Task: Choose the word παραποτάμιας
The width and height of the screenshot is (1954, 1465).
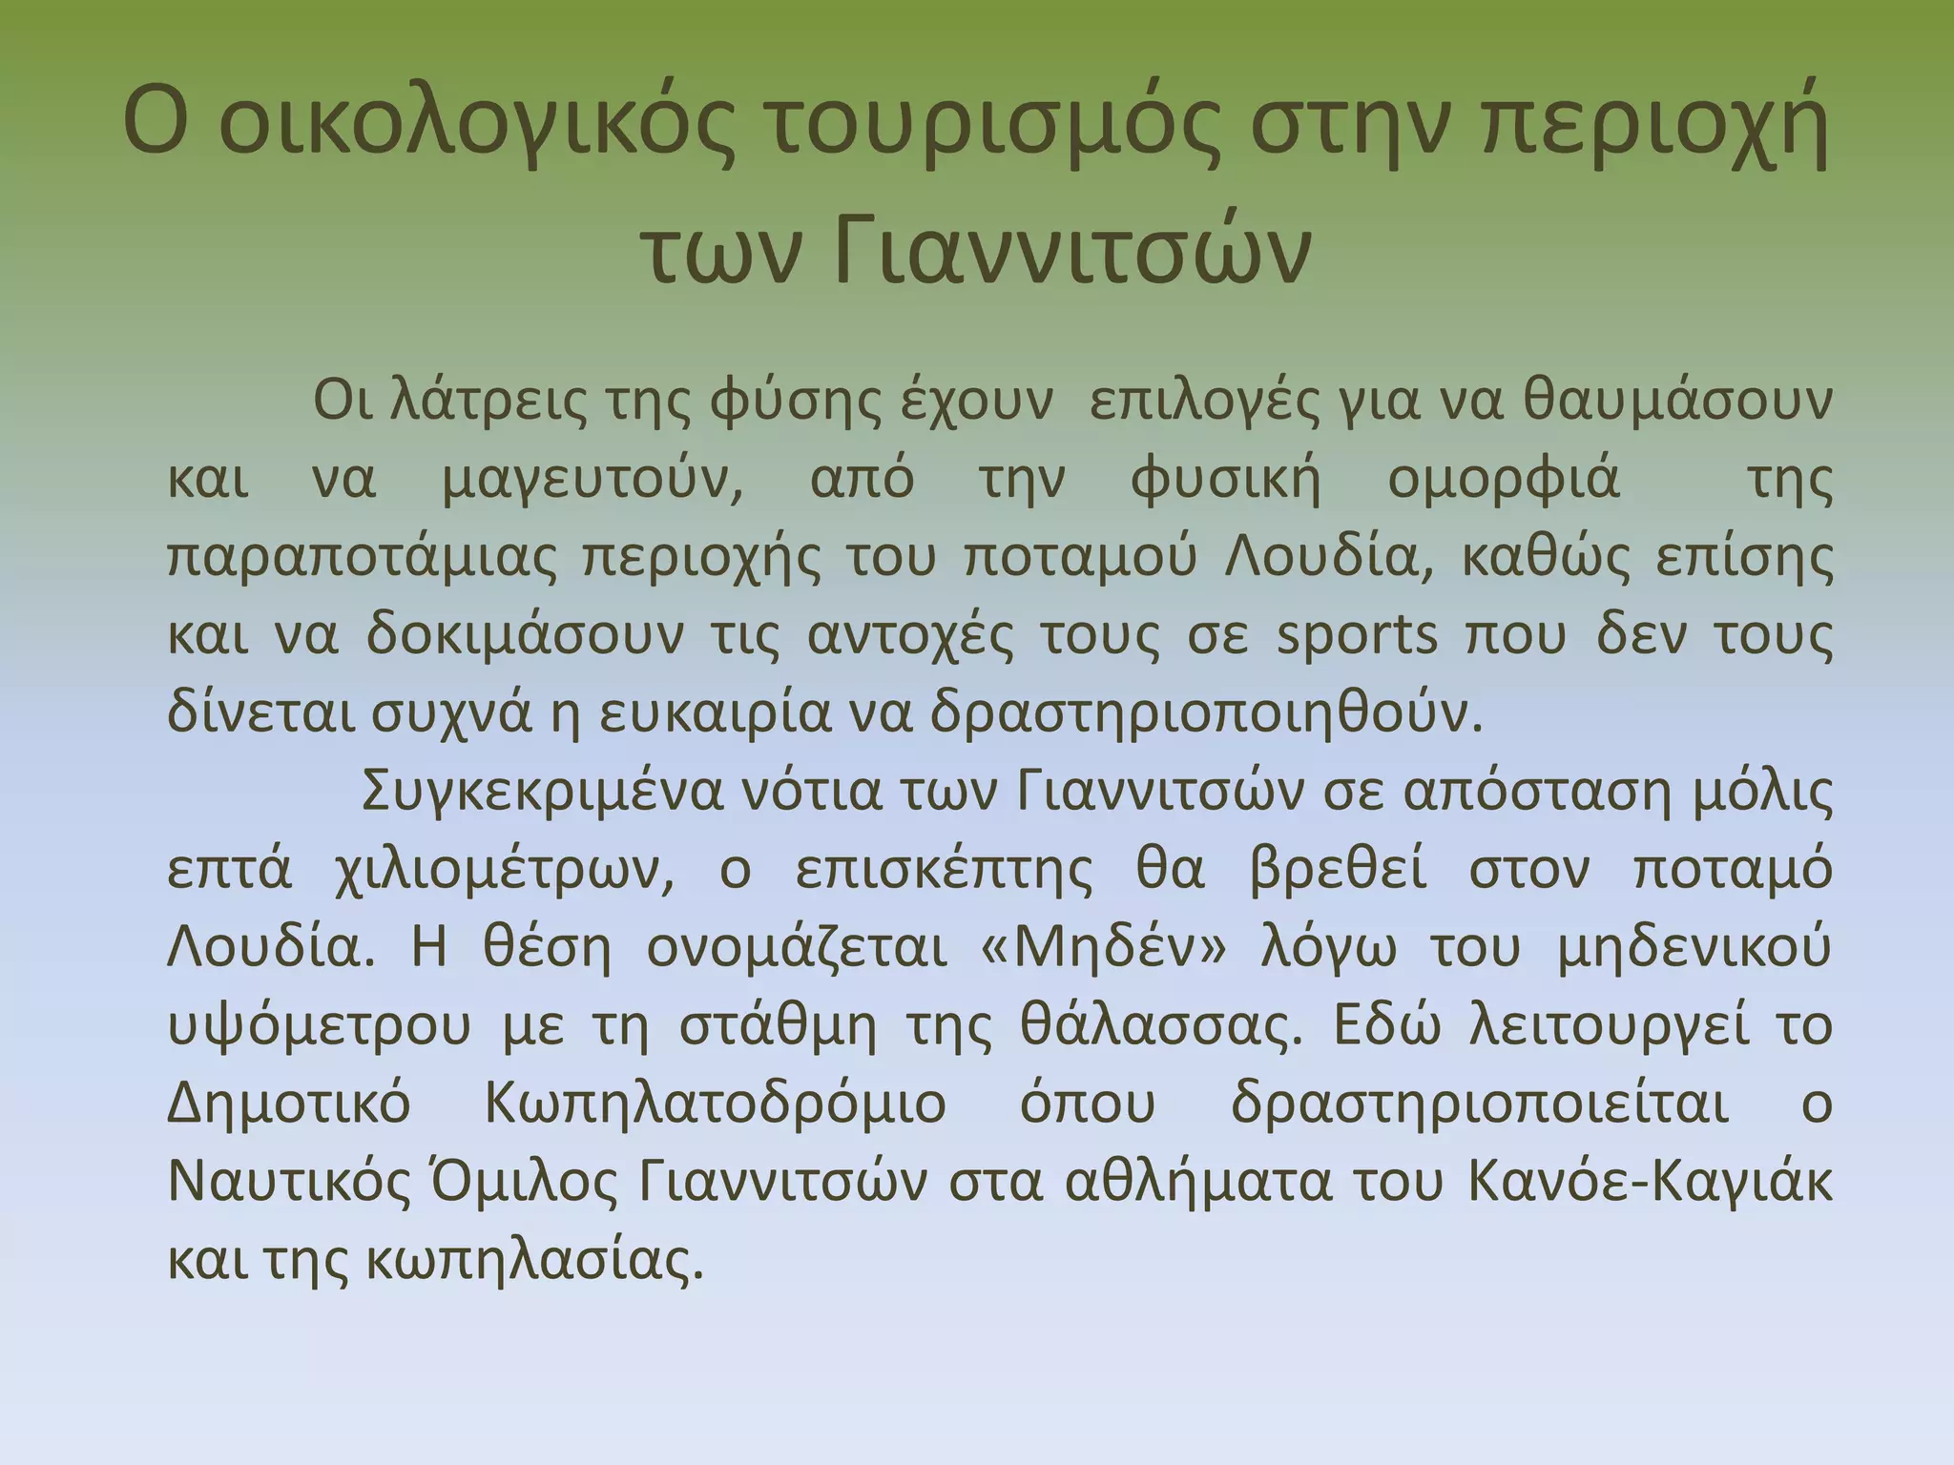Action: pos(362,559)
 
